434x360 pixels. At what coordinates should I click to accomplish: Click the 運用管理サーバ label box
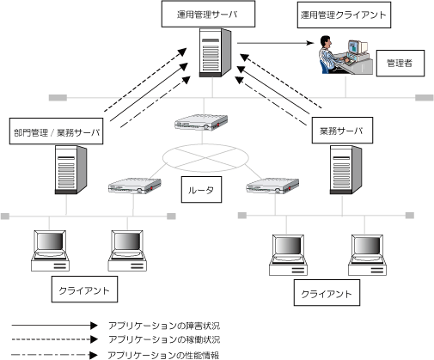[x=208, y=14]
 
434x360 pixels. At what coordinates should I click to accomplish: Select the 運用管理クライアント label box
[x=344, y=15]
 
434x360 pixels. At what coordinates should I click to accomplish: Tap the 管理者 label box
[x=400, y=64]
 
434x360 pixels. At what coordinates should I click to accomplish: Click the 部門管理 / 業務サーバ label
[x=57, y=131]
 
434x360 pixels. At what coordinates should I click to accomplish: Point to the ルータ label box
[x=201, y=190]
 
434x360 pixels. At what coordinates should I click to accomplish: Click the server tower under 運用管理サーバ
[x=215, y=52]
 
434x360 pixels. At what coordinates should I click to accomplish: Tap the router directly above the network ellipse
[x=201, y=122]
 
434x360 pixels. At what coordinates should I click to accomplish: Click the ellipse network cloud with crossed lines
[x=205, y=158]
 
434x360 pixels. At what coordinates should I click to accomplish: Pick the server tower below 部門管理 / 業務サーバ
[x=70, y=170]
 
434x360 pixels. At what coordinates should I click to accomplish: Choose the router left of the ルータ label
[x=135, y=186]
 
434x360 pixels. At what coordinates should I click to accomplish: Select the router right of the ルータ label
[x=272, y=186]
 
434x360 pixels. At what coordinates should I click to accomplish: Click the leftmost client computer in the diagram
[x=50, y=251]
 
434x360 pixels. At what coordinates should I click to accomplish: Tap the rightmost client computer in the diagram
[x=367, y=255]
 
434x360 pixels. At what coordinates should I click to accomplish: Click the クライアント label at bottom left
[x=84, y=290]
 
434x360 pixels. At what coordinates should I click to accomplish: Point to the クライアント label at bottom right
[x=327, y=293]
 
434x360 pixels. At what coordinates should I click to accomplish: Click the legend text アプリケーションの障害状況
[x=164, y=326]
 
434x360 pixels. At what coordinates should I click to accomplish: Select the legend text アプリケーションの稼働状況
[x=164, y=339]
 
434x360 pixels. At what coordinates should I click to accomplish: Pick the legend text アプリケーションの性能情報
[x=163, y=355]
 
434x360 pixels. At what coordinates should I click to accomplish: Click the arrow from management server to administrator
[x=276, y=43]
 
